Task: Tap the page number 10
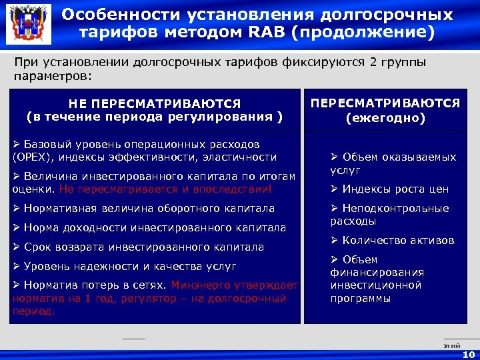pos(468,355)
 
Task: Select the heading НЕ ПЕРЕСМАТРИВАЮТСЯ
pos(154,104)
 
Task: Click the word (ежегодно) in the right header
pos(385,118)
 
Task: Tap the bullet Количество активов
pos(393,240)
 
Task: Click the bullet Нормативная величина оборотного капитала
pos(143,209)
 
